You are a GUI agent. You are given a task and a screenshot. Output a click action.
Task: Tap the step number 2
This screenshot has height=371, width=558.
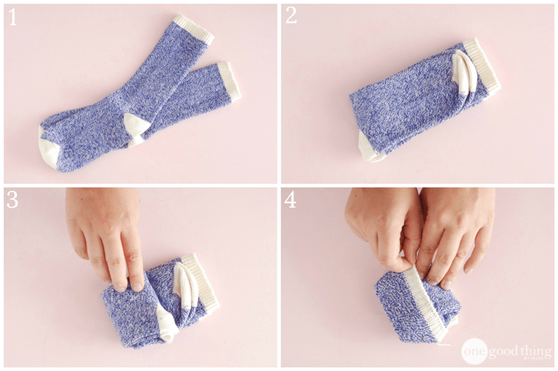(291, 18)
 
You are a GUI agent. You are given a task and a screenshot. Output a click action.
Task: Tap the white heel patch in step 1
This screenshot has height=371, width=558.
(135, 129)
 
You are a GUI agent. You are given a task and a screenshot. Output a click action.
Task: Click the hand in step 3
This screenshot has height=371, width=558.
(109, 232)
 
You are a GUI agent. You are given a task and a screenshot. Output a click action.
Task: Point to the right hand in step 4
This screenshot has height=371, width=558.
(457, 232)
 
